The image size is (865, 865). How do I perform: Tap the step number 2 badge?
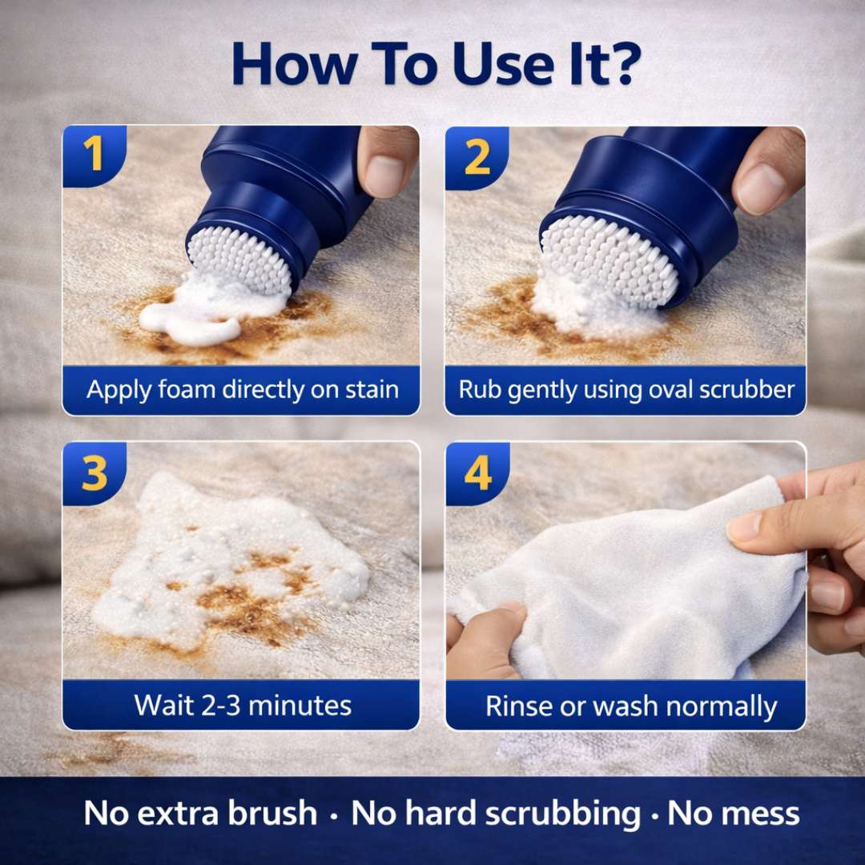pyautogui.click(x=477, y=158)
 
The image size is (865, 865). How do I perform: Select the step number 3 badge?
pyautogui.click(x=95, y=474)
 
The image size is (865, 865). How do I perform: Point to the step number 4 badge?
pyautogui.click(x=477, y=474)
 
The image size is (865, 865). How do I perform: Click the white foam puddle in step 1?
pyautogui.click(x=192, y=316)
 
